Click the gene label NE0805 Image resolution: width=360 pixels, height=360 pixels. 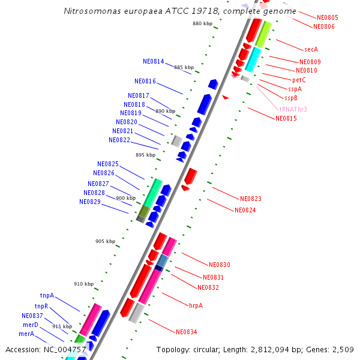[x=327, y=18]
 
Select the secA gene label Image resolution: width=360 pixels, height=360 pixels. [x=311, y=49]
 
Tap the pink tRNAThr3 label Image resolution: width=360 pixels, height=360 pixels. [x=293, y=109]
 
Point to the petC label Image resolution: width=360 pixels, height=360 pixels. [x=299, y=80]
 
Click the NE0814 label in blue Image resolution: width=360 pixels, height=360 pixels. [x=153, y=62]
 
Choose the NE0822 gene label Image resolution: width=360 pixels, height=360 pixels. [x=119, y=140]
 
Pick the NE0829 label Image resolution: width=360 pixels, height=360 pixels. [x=89, y=202]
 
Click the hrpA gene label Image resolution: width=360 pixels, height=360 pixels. [x=196, y=305]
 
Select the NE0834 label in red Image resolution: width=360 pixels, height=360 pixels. [x=186, y=332]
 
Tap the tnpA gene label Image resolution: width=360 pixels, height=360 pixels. [x=47, y=295]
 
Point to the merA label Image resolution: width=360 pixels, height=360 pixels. [x=26, y=334]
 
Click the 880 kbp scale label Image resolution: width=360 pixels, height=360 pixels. [x=202, y=23]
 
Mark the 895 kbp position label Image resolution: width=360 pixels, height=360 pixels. [x=145, y=155]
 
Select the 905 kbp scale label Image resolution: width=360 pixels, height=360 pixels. [x=105, y=241]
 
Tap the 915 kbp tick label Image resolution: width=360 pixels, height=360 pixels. [x=62, y=326]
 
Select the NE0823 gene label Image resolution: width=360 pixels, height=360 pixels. [x=250, y=199]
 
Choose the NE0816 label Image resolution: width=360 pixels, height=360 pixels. [x=145, y=82]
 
